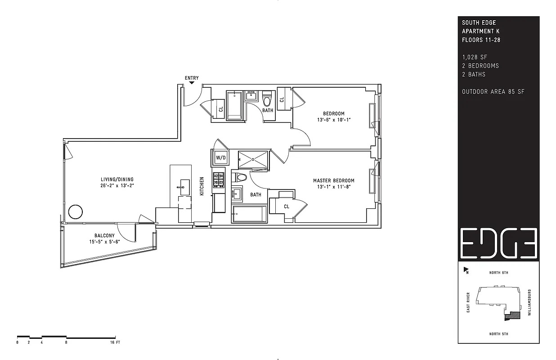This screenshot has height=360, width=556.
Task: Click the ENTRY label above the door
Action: click(x=192, y=78)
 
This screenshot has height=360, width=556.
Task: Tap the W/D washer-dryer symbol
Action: click(x=221, y=157)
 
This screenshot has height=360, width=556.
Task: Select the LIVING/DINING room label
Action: click(x=117, y=179)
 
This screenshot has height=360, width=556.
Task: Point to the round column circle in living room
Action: click(x=75, y=212)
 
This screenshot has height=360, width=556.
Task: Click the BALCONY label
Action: click(x=104, y=236)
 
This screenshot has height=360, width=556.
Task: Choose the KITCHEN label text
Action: click(x=202, y=186)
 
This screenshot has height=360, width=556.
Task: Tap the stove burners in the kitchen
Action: click(x=219, y=180)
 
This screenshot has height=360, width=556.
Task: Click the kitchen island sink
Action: click(x=185, y=187)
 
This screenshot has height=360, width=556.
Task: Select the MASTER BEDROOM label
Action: click(x=334, y=180)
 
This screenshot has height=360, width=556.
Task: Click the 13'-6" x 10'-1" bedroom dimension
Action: click(x=334, y=120)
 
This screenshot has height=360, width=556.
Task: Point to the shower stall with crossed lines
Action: click(x=253, y=159)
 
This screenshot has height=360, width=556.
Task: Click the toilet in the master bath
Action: click(x=239, y=177)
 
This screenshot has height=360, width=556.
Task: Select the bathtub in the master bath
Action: click(x=249, y=214)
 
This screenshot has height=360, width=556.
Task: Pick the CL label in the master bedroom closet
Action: click(x=287, y=207)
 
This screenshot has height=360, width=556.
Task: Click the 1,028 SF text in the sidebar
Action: click(x=475, y=57)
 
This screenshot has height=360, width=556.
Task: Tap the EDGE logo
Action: click(x=498, y=243)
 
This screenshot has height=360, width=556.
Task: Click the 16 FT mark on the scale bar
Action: click(x=115, y=342)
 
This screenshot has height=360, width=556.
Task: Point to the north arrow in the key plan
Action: click(x=466, y=270)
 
